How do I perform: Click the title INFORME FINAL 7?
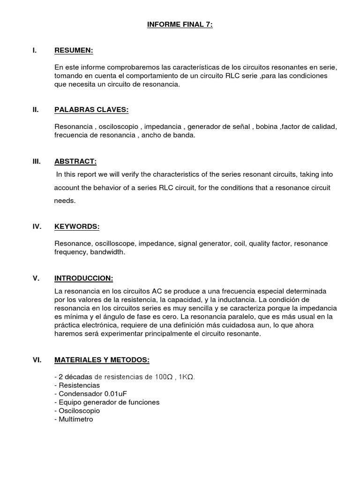click(x=180, y=24)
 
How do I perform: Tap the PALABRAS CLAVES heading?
click(x=91, y=110)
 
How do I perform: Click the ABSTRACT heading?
click(x=75, y=162)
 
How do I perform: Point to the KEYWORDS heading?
click(x=77, y=227)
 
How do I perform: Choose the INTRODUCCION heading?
click(x=84, y=278)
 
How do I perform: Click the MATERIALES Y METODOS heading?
click(x=102, y=360)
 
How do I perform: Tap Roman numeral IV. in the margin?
click(x=37, y=227)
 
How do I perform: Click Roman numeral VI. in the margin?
click(x=37, y=360)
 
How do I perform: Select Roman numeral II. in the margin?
click(x=36, y=110)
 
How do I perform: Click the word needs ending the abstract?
click(x=65, y=201)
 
